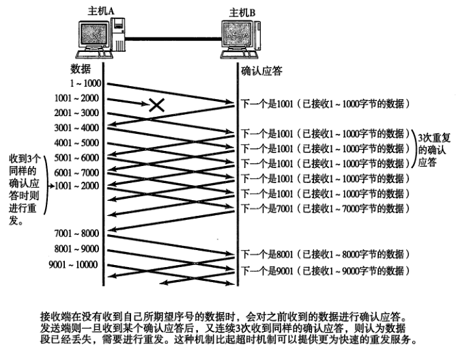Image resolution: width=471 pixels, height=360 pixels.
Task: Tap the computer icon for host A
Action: pyautogui.click(x=102, y=40)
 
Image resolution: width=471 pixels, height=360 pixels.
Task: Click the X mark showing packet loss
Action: pyautogui.click(x=157, y=105)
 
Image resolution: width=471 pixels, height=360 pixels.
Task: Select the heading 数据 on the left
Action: pyautogui.click(x=81, y=70)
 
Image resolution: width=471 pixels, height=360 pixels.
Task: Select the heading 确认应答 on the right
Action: pyautogui.click(x=262, y=70)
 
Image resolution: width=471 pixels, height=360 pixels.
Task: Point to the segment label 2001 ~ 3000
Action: pyautogui.click(x=76, y=113)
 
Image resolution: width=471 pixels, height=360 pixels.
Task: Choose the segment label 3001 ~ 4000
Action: pyautogui.click(x=76, y=128)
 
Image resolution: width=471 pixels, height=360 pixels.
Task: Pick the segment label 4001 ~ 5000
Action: pyautogui.click(x=76, y=143)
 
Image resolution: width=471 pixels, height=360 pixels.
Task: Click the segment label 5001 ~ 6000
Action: pyautogui.click(x=76, y=158)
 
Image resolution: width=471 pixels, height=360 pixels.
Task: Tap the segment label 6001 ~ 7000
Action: pyautogui.click(x=76, y=172)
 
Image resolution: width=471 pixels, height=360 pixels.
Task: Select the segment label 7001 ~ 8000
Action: pyautogui.click(x=76, y=234)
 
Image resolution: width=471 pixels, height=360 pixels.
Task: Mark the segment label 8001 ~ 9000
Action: pyautogui.click(x=76, y=249)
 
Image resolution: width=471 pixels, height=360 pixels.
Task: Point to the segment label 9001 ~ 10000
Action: pyautogui.click(x=73, y=264)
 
